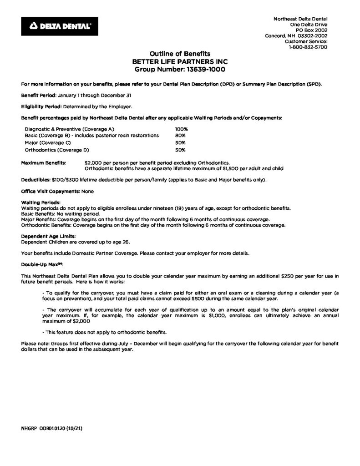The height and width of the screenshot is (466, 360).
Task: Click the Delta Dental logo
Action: pos(59,26)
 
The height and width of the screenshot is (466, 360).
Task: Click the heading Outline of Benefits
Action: pos(180,54)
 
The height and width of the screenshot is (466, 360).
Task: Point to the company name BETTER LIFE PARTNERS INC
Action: pos(180,61)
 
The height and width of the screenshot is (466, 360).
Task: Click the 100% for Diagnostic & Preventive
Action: pos(182,129)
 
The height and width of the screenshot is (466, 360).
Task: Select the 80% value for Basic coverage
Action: pos(181,136)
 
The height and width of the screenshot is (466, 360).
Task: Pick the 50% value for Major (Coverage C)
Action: pos(181,142)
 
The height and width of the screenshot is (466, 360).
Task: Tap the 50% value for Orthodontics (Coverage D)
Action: pos(181,149)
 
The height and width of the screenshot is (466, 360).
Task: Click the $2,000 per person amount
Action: pos(94,162)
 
